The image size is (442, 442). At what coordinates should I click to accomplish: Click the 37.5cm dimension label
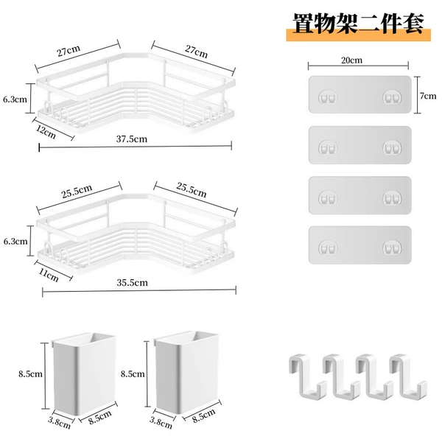[132, 139]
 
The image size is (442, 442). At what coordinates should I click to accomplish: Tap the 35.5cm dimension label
[132, 282]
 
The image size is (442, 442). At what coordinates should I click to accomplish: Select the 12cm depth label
[46, 132]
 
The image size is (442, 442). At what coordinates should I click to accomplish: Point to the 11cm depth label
[49, 275]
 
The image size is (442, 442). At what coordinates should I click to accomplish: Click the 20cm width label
[352, 60]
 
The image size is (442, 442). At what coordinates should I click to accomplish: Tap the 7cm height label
[428, 96]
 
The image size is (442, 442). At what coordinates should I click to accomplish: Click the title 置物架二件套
[358, 24]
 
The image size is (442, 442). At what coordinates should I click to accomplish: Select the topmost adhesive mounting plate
[360, 94]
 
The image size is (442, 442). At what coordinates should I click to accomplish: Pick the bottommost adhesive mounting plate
[360, 245]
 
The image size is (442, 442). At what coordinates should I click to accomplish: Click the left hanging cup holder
[84, 373]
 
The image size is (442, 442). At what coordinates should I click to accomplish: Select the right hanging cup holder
[186, 372]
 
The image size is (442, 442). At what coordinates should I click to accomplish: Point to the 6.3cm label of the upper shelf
[15, 99]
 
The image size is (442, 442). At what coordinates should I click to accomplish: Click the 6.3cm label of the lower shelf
[15, 242]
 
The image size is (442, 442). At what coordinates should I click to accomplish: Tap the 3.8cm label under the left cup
[59, 423]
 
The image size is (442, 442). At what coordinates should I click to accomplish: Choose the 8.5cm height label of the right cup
[133, 373]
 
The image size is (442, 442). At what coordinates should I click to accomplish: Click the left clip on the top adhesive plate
[328, 98]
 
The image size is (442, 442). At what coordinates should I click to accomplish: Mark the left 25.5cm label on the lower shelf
[77, 191]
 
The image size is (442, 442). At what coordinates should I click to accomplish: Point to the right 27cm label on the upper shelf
[196, 52]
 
